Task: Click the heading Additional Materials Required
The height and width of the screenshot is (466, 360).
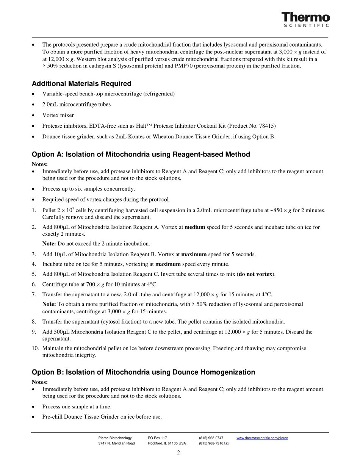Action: (x=81, y=84)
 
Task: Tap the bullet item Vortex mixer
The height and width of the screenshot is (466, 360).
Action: (x=58, y=115)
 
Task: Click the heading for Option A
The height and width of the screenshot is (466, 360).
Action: (x=141, y=154)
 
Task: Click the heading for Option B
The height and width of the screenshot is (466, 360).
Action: (x=143, y=372)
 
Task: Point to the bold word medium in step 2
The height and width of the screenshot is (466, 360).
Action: (x=194, y=227)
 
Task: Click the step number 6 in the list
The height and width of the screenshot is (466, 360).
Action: (x=34, y=284)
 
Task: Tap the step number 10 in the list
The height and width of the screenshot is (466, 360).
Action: (x=35, y=348)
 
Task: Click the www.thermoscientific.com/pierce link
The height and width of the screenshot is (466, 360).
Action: (x=262, y=438)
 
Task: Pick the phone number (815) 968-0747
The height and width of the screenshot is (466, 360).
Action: (x=211, y=438)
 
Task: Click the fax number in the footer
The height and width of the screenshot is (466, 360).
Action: (x=214, y=443)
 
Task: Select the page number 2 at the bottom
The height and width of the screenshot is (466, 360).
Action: (x=178, y=452)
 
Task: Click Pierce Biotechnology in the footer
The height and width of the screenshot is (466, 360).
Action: (x=115, y=438)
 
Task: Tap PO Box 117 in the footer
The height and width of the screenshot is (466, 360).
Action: (x=157, y=438)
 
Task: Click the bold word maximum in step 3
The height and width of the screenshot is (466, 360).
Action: (x=194, y=254)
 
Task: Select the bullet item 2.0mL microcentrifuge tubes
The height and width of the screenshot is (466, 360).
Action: (x=77, y=105)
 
